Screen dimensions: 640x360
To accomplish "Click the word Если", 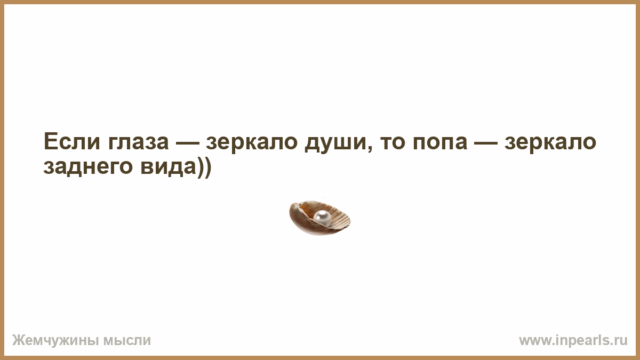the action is click(x=72, y=141).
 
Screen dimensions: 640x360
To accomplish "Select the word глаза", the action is click(x=139, y=143).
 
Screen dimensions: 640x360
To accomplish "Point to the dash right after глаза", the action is click(x=187, y=142).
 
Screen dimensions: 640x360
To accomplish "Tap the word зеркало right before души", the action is click(x=252, y=143).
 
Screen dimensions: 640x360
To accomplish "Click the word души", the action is click(x=335, y=143).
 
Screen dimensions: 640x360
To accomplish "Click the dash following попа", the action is click(x=485, y=142).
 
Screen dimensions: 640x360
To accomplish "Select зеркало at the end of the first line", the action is click(x=550, y=143).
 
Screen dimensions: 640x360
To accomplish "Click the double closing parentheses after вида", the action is click(x=204, y=167).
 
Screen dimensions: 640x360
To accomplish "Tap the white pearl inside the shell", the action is click(x=322, y=218).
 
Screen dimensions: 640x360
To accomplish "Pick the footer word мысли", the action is click(x=127, y=341).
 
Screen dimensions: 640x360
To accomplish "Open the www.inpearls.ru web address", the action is click(x=573, y=341).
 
